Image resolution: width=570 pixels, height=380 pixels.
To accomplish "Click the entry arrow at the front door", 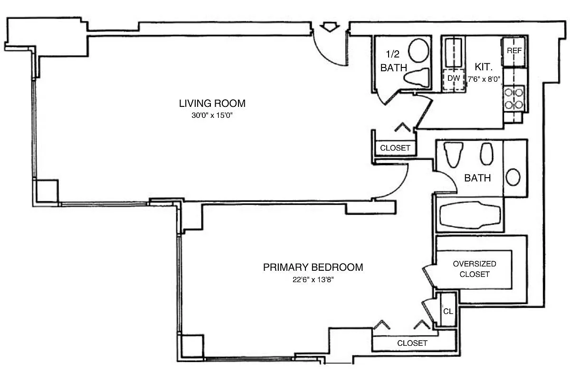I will [x=328, y=28].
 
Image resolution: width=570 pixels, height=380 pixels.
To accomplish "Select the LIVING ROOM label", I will [x=212, y=103].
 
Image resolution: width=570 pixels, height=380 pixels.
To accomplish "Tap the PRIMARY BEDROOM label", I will [x=313, y=267].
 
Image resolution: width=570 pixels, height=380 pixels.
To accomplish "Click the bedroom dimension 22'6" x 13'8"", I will [x=313, y=279].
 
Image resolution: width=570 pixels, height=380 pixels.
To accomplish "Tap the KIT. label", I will [x=483, y=67].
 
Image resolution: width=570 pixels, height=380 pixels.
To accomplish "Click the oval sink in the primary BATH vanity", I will [x=513, y=178].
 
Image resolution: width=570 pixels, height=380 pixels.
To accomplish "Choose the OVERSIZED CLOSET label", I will [x=475, y=269].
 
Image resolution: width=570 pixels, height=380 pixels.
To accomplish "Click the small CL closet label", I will [x=447, y=312].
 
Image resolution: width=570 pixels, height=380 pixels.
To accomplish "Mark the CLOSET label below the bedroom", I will [x=412, y=343].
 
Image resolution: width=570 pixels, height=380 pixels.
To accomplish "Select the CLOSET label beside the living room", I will [x=395, y=148].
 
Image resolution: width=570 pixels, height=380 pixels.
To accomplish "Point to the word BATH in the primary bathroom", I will [x=477, y=178].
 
